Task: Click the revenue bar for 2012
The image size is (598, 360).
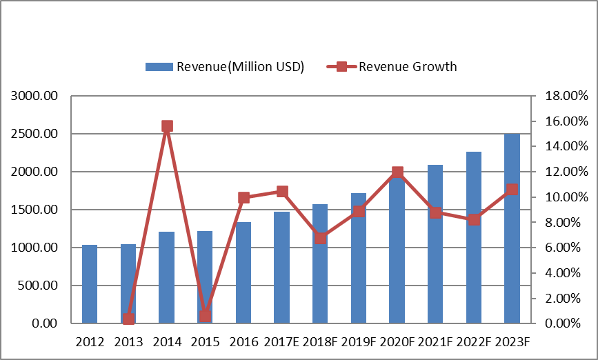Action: [90, 284]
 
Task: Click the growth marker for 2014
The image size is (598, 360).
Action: [167, 126]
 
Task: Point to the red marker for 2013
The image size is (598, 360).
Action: [128, 319]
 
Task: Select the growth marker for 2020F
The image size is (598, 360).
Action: [397, 172]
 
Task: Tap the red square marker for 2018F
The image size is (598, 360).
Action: [320, 238]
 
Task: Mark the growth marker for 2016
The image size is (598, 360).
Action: [243, 197]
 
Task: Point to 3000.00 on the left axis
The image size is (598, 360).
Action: [34, 96]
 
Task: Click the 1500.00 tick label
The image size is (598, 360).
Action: [34, 210]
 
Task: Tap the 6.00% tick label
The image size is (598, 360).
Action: [566, 248]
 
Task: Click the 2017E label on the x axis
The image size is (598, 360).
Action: [281, 342]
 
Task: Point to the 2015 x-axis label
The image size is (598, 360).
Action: [205, 342]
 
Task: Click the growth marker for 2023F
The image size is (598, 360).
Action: [512, 190]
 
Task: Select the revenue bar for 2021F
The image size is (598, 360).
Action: [435, 244]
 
